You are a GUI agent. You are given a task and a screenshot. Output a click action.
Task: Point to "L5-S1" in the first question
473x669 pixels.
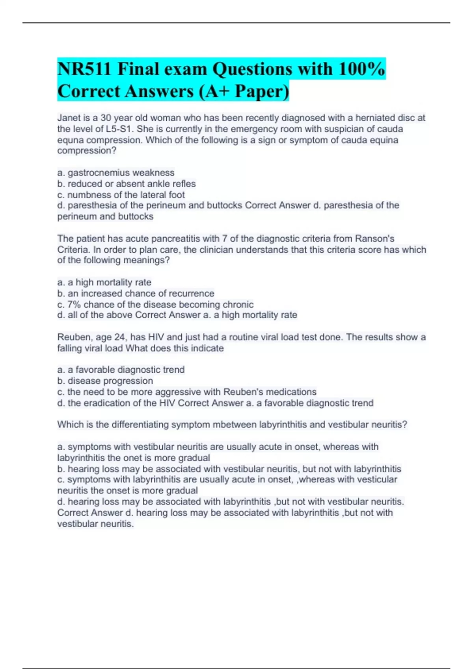coord(120,129)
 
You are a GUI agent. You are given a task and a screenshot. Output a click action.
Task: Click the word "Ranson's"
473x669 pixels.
coord(374,238)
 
